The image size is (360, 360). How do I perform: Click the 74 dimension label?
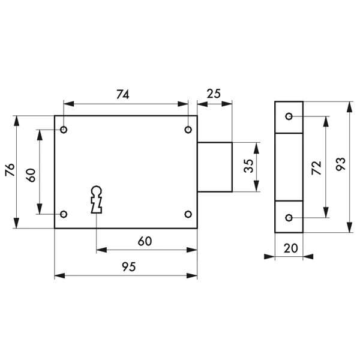click(122, 94)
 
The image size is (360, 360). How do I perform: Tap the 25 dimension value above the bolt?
click(214, 94)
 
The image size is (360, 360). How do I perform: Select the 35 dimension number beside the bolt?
click(248, 167)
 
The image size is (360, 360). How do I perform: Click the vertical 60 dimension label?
click(32, 175)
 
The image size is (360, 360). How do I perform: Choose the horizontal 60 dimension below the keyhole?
click(145, 241)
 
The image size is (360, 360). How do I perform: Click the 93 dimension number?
click(340, 166)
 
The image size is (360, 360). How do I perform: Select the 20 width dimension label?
click(289, 247)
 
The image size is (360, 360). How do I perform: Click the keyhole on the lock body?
click(96, 199)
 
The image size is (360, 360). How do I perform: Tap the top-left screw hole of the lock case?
click(64, 130)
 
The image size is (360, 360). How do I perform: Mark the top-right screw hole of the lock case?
click(188, 130)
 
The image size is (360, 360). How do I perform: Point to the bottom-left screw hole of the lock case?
click(64, 214)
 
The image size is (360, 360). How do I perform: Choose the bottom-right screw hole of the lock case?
click(188, 214)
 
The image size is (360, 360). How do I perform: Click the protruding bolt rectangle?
click(215, 167)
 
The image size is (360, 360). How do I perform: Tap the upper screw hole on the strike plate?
click(289, 116)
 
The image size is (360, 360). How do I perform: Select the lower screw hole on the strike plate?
click(289, 218)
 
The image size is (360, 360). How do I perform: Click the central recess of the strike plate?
click(289, 167)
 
